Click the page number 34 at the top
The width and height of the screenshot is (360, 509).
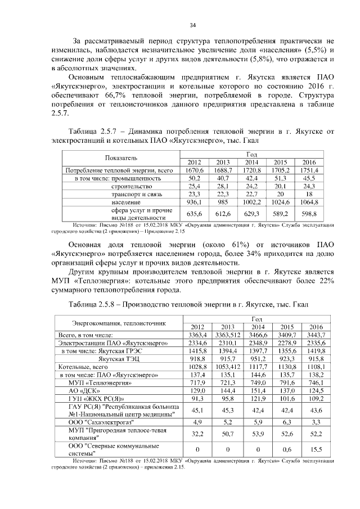tap(193, 25)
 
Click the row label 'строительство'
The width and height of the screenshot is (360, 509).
tap(132, 186)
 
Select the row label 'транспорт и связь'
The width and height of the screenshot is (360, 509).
tap(138, 194)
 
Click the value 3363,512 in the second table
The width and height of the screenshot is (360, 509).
tap(228, 335)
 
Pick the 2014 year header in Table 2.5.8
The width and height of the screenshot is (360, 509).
tap(258, 327)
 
